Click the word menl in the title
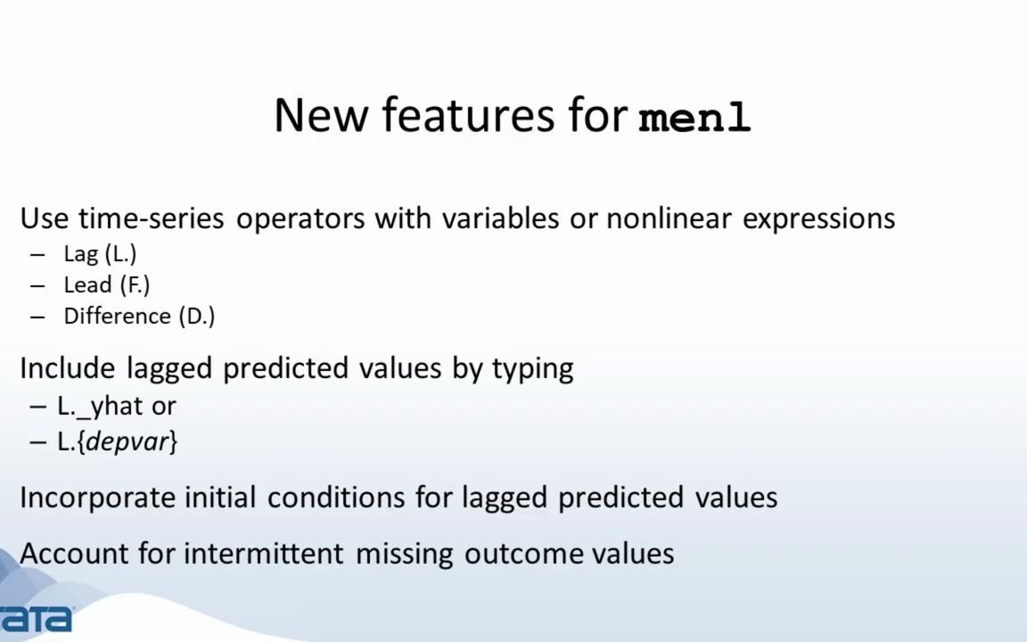click(x=695, y=118)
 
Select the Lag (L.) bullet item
click(x=100, y=254)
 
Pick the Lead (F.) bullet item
click(x=106, y=285)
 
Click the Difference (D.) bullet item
click(x=139, y=317)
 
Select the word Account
click(x=75, y=554)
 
